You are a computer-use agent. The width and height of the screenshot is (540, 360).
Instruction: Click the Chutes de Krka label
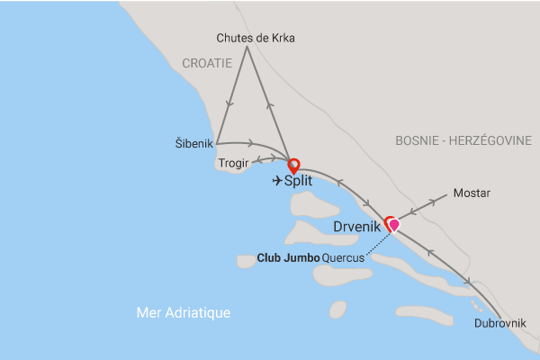[x=256, y=38]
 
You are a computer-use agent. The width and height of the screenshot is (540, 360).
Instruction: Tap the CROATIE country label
[x=207, y=63]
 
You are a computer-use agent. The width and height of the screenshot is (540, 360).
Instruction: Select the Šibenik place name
[x=194, y=143]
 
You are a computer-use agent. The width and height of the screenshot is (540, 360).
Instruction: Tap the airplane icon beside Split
[x=276, y=181]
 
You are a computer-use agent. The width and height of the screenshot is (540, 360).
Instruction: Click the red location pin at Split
[x=292, y=166]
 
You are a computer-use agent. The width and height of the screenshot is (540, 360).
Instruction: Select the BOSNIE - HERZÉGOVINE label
[x=463, y=140]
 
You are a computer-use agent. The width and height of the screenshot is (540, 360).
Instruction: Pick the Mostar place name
[x=472, y=193]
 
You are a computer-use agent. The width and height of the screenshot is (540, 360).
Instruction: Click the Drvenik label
[x=358, y=227]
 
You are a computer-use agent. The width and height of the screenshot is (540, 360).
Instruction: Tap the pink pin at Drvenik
[x=393, y=225]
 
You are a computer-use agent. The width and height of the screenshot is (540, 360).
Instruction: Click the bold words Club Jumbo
[x=288, y=257]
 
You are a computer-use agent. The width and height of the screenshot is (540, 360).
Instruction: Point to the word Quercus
[x=343, y=257]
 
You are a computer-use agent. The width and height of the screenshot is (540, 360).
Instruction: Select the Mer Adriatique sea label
[x=184, y=312]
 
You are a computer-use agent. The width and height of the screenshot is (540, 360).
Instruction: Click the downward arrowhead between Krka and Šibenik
[x=232, y=100]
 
